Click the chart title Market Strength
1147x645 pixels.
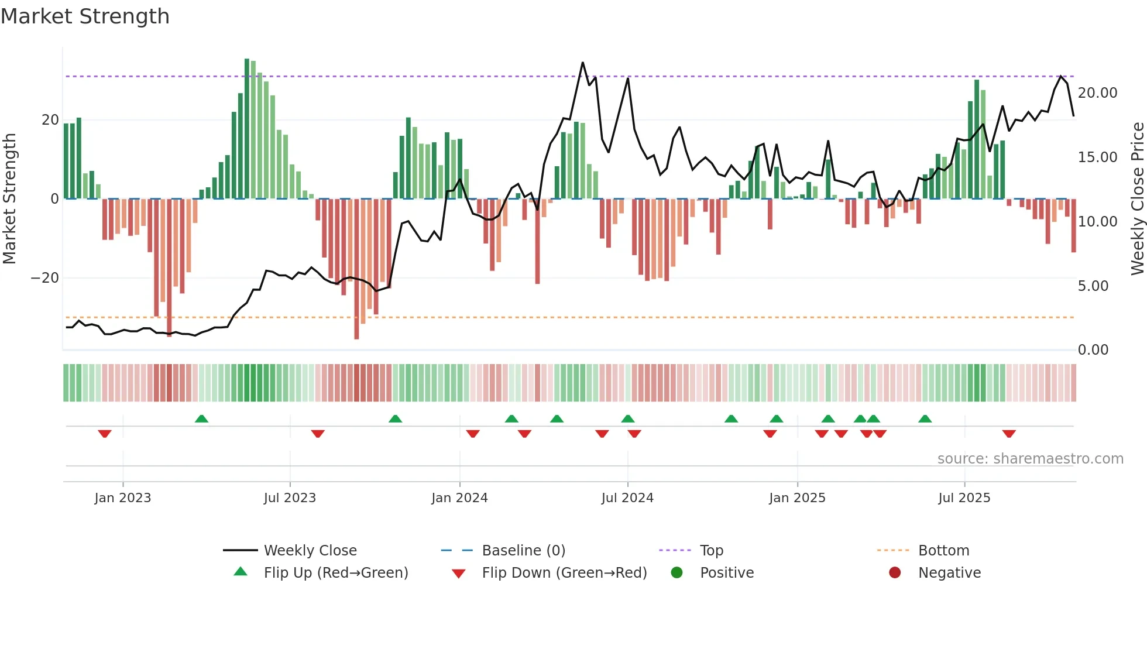(85, 16)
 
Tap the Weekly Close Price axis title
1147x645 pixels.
(1137, 198)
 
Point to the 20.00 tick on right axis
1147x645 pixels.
(1097, 93)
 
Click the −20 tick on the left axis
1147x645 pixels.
(45, 278)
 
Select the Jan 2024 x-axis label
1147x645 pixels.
(459, 498)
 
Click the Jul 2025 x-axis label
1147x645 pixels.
(964, 498)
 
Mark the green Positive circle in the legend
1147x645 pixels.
(677, 573)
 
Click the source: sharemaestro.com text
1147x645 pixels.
(1030, 459)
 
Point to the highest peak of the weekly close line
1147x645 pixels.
(583, 63)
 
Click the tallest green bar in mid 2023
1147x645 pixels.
(247, 129)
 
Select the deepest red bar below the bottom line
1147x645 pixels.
(356, 269)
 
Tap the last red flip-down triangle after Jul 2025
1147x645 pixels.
(1009, 434)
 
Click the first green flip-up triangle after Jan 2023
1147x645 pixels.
(201, 418)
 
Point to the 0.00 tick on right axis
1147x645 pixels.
(1093, 350)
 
